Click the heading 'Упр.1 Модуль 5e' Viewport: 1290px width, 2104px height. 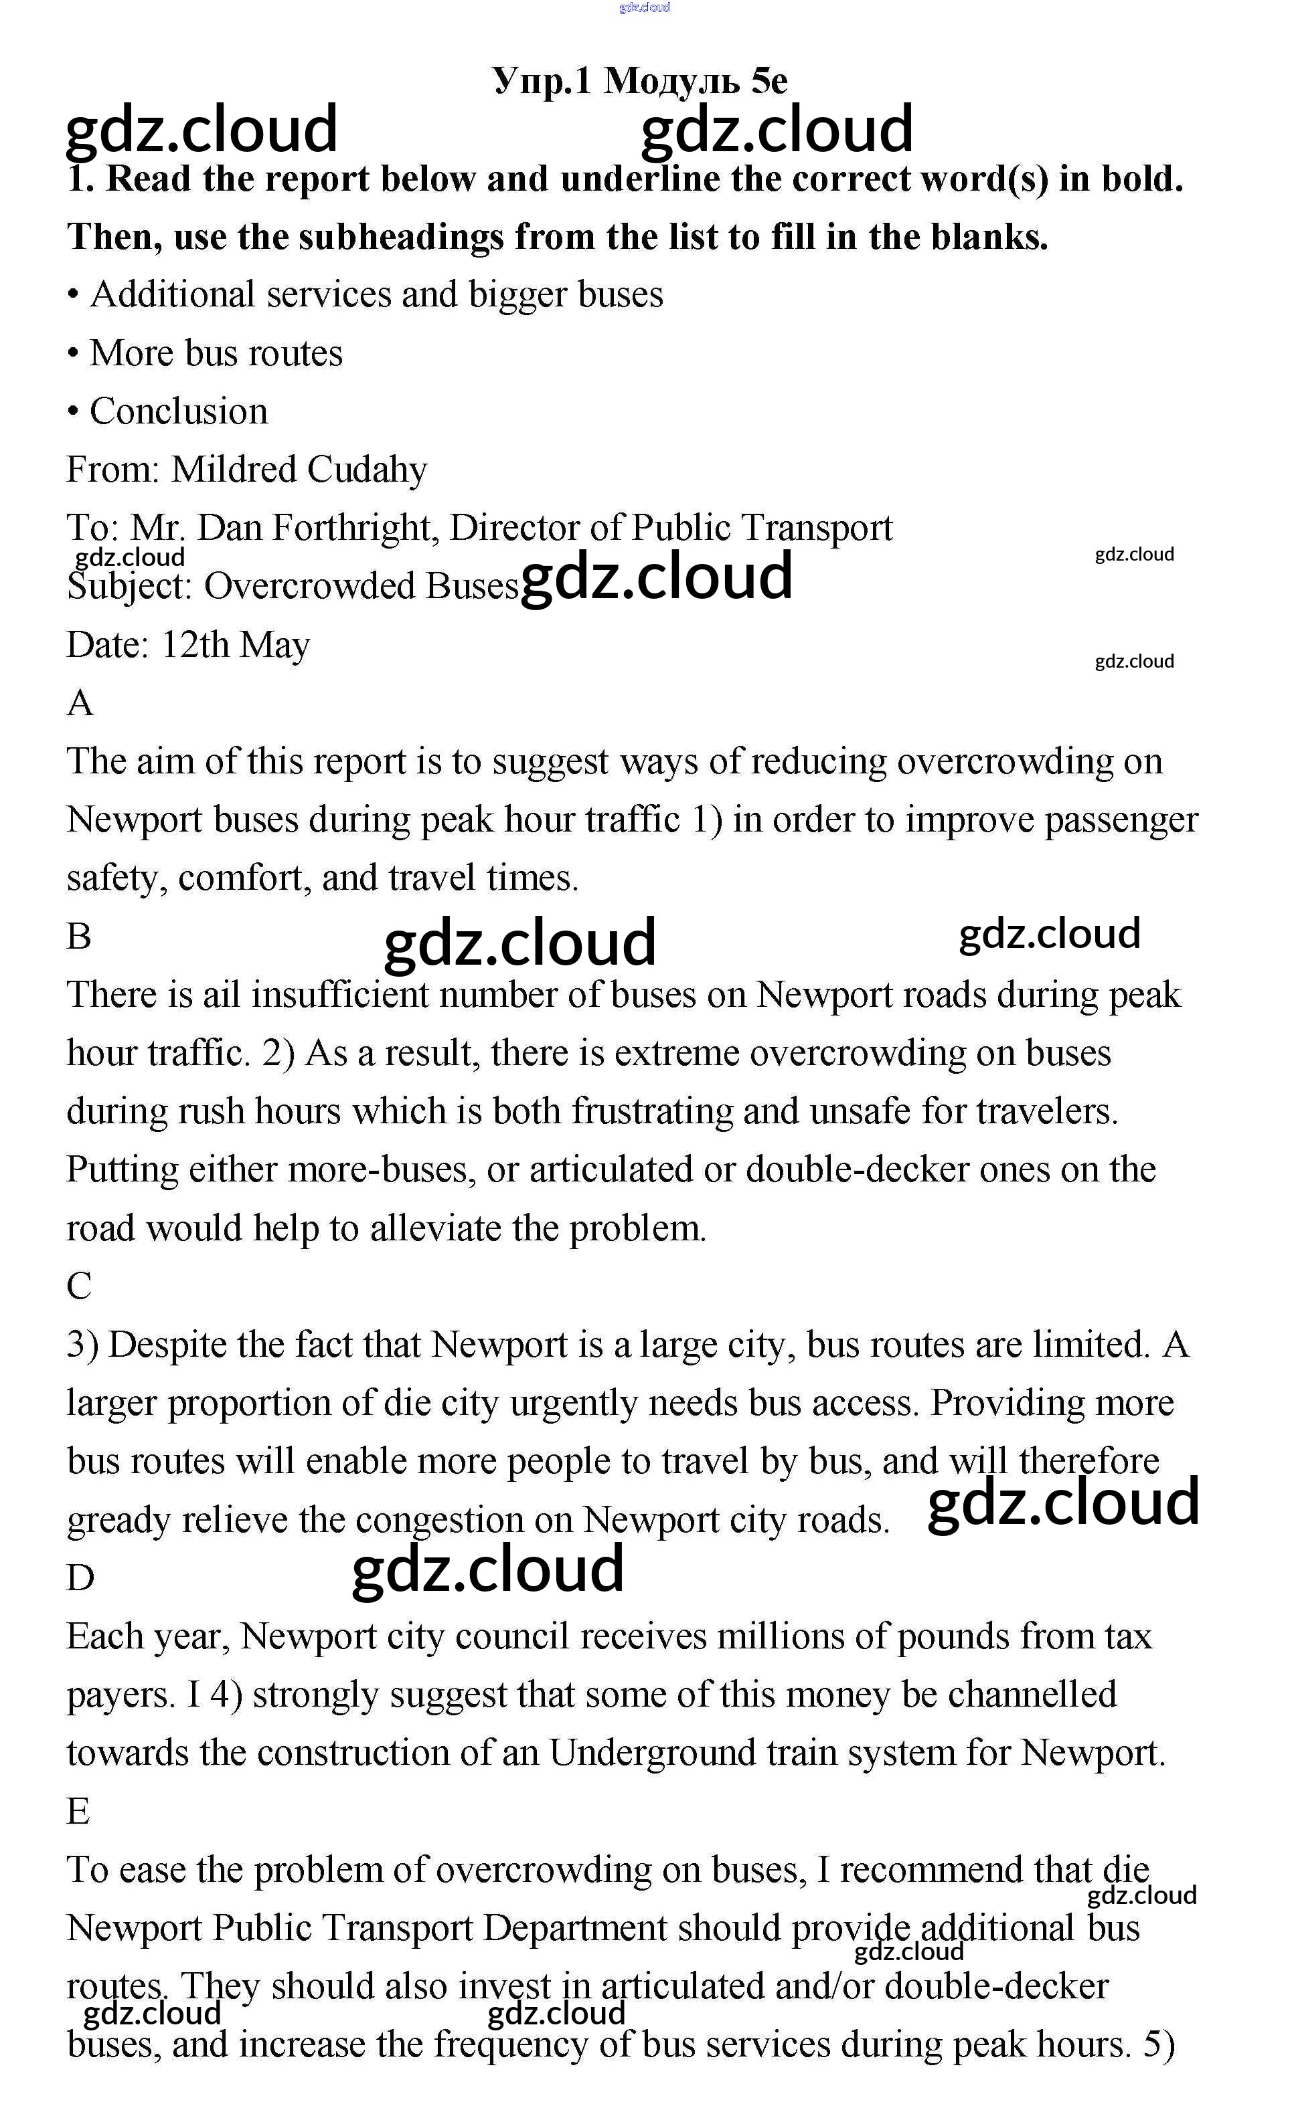(640, 80)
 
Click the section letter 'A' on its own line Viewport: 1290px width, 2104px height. (80, 702)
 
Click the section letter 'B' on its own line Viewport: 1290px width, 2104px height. (78, 936)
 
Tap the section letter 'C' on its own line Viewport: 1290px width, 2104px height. (78, 1286)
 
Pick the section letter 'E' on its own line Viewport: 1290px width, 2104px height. (78, 1811)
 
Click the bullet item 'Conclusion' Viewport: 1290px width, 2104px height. (179, 411)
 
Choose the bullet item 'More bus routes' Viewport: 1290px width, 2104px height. (216, 353)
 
